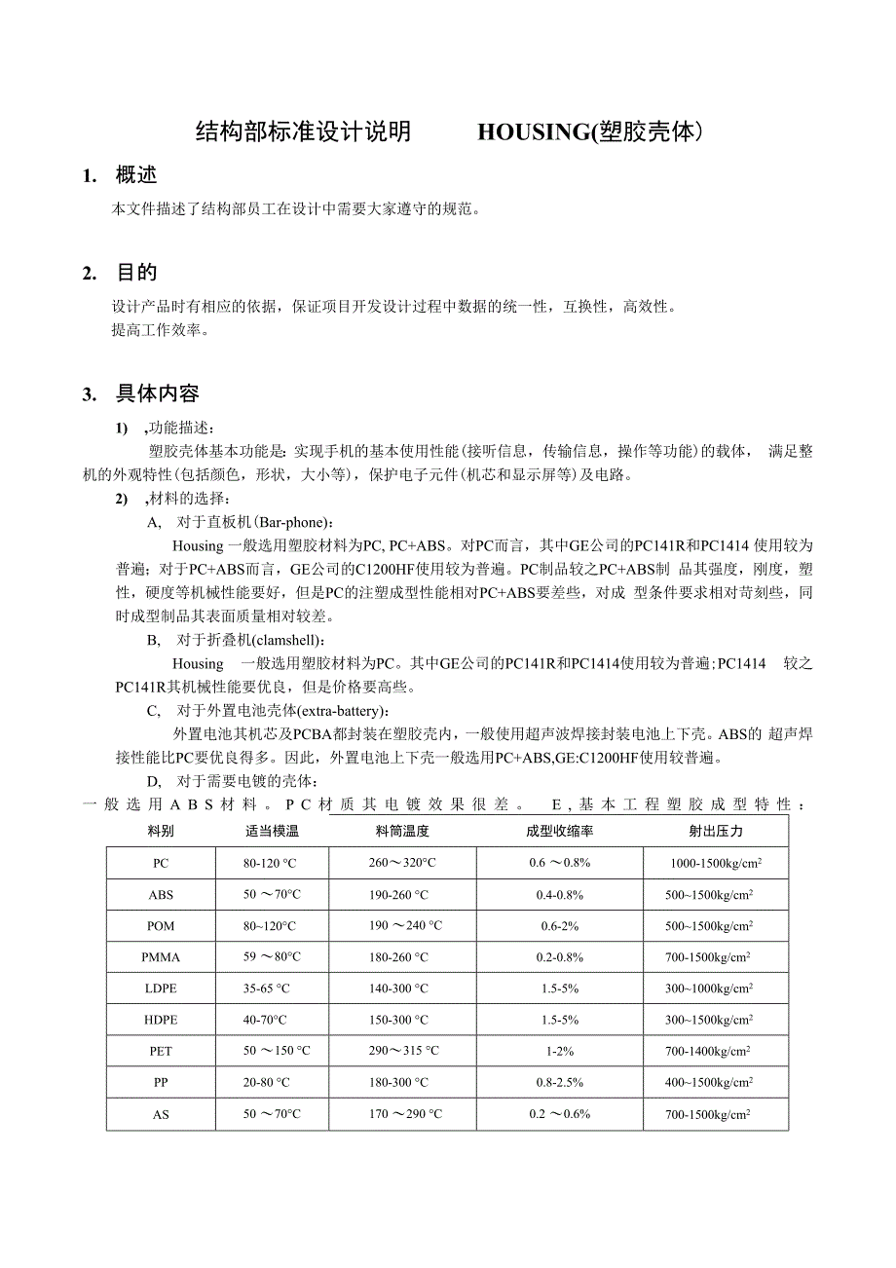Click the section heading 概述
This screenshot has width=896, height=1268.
pos(135,175)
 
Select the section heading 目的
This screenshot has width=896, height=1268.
pos(135,273)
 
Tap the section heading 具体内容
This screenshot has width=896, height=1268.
pos(157,393)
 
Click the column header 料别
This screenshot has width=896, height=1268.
pos(161,832)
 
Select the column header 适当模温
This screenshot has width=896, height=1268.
pos(272,832)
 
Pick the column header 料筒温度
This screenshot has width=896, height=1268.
pos(402,832)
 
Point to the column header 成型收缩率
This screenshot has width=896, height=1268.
pos(559,832)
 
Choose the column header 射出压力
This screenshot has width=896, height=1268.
pos(716,832)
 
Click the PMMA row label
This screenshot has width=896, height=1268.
pos(161,957)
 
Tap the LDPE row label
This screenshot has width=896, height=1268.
pos(161,988)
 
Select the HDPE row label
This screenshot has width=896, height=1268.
pos(161,1020)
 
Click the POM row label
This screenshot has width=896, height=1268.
pos(161,926)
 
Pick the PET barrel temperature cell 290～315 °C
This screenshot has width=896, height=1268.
pos(403,1051)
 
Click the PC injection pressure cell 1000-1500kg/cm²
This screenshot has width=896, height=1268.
pos(716,864)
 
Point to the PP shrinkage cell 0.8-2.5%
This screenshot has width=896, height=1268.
pos(559,1082)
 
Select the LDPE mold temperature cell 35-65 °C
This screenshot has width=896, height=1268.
pos(267,988)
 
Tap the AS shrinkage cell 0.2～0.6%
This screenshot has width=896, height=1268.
pos(559,1113)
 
